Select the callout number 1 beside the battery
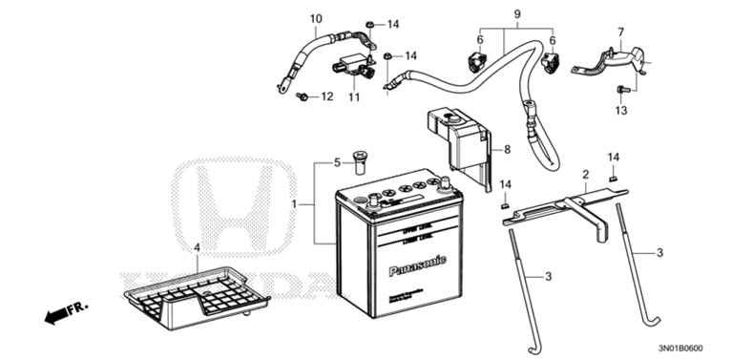point(296,204)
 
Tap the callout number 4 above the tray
point(197,247)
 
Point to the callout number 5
point(335,162)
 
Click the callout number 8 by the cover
point(508,149)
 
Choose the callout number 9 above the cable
point(517,14)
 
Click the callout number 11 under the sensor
point(353,97)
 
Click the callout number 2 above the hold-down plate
point(585,174)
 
